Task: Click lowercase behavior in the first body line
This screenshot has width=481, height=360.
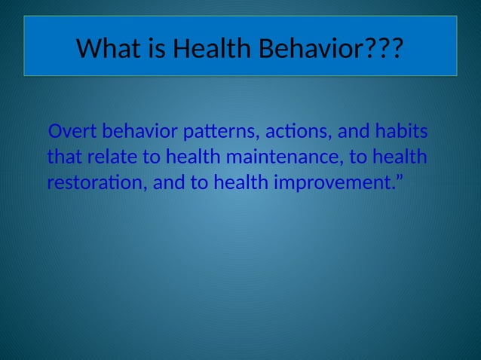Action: point(140,133)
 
